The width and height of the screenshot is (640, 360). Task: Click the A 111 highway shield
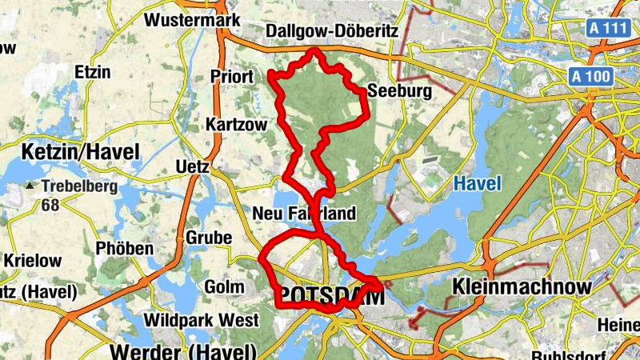point(606,28)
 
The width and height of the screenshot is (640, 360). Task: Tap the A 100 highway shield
point(593,77)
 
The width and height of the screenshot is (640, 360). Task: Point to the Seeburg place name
point(399,91)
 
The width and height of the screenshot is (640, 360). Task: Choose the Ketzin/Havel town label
point(81,151)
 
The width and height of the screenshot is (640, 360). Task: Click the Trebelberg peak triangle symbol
point(30,186)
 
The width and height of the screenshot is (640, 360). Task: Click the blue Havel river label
point(478,184)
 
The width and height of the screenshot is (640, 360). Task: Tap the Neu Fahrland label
point(303,214)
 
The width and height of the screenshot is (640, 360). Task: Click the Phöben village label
point(124,248)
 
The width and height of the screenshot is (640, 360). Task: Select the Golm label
point(219,286)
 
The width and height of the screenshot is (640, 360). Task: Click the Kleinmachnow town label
point(522,286)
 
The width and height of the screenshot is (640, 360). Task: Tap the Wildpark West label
point(201,321)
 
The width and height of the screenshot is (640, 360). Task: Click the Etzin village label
point(90,71)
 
